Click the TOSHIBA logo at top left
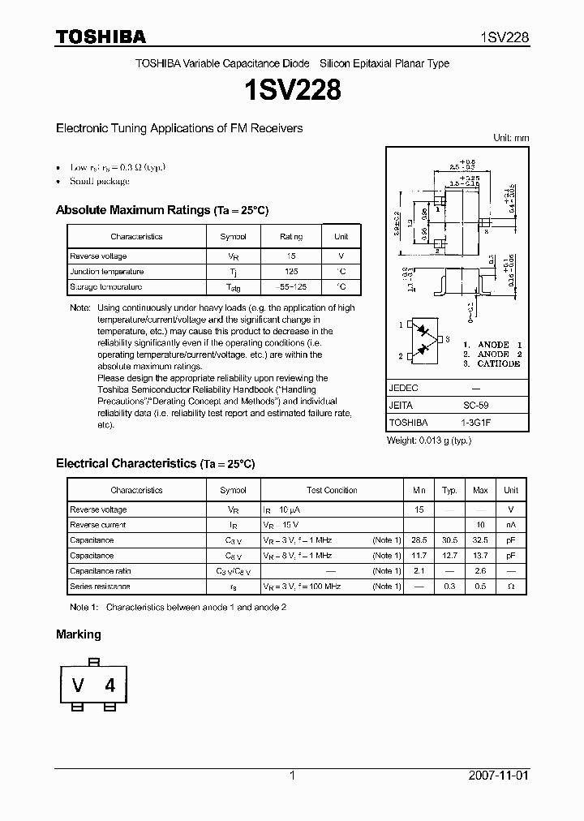[101, 37]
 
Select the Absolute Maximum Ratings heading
[161, 210]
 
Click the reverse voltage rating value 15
[291, 256]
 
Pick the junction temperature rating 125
[291, 272]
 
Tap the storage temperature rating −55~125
[291, 287]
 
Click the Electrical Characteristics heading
[155, 464]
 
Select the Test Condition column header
[332, 490]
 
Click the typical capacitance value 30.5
[449, 540]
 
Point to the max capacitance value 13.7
[480, 556]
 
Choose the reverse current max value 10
[480, 525]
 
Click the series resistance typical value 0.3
[449, 587]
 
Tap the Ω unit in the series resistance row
[511, 587]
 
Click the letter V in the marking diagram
[79, 686]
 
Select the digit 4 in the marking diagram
[109, 686]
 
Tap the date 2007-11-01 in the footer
[499, 776]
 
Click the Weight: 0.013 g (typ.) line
[429, 440]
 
